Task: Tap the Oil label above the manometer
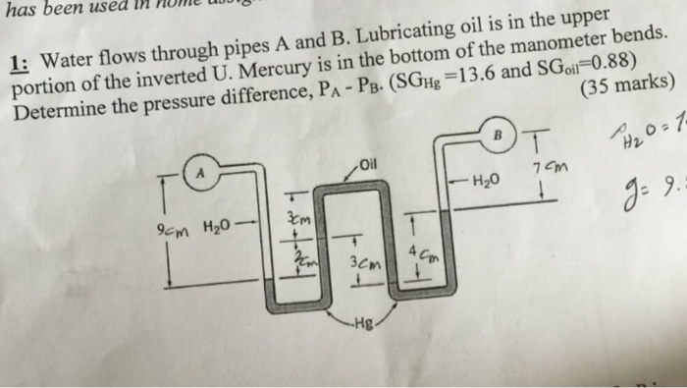click(x=368, y=163)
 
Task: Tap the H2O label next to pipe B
click(x=488, y=180)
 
